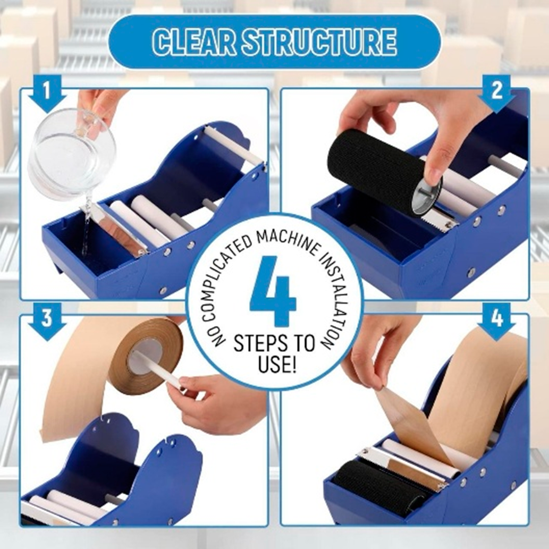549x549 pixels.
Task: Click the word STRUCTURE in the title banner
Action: [319, 42]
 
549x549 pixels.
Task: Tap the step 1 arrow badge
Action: [47, 94]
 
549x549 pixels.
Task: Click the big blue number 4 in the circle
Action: [274, 292]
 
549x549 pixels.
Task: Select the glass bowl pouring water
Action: [71, 154]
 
